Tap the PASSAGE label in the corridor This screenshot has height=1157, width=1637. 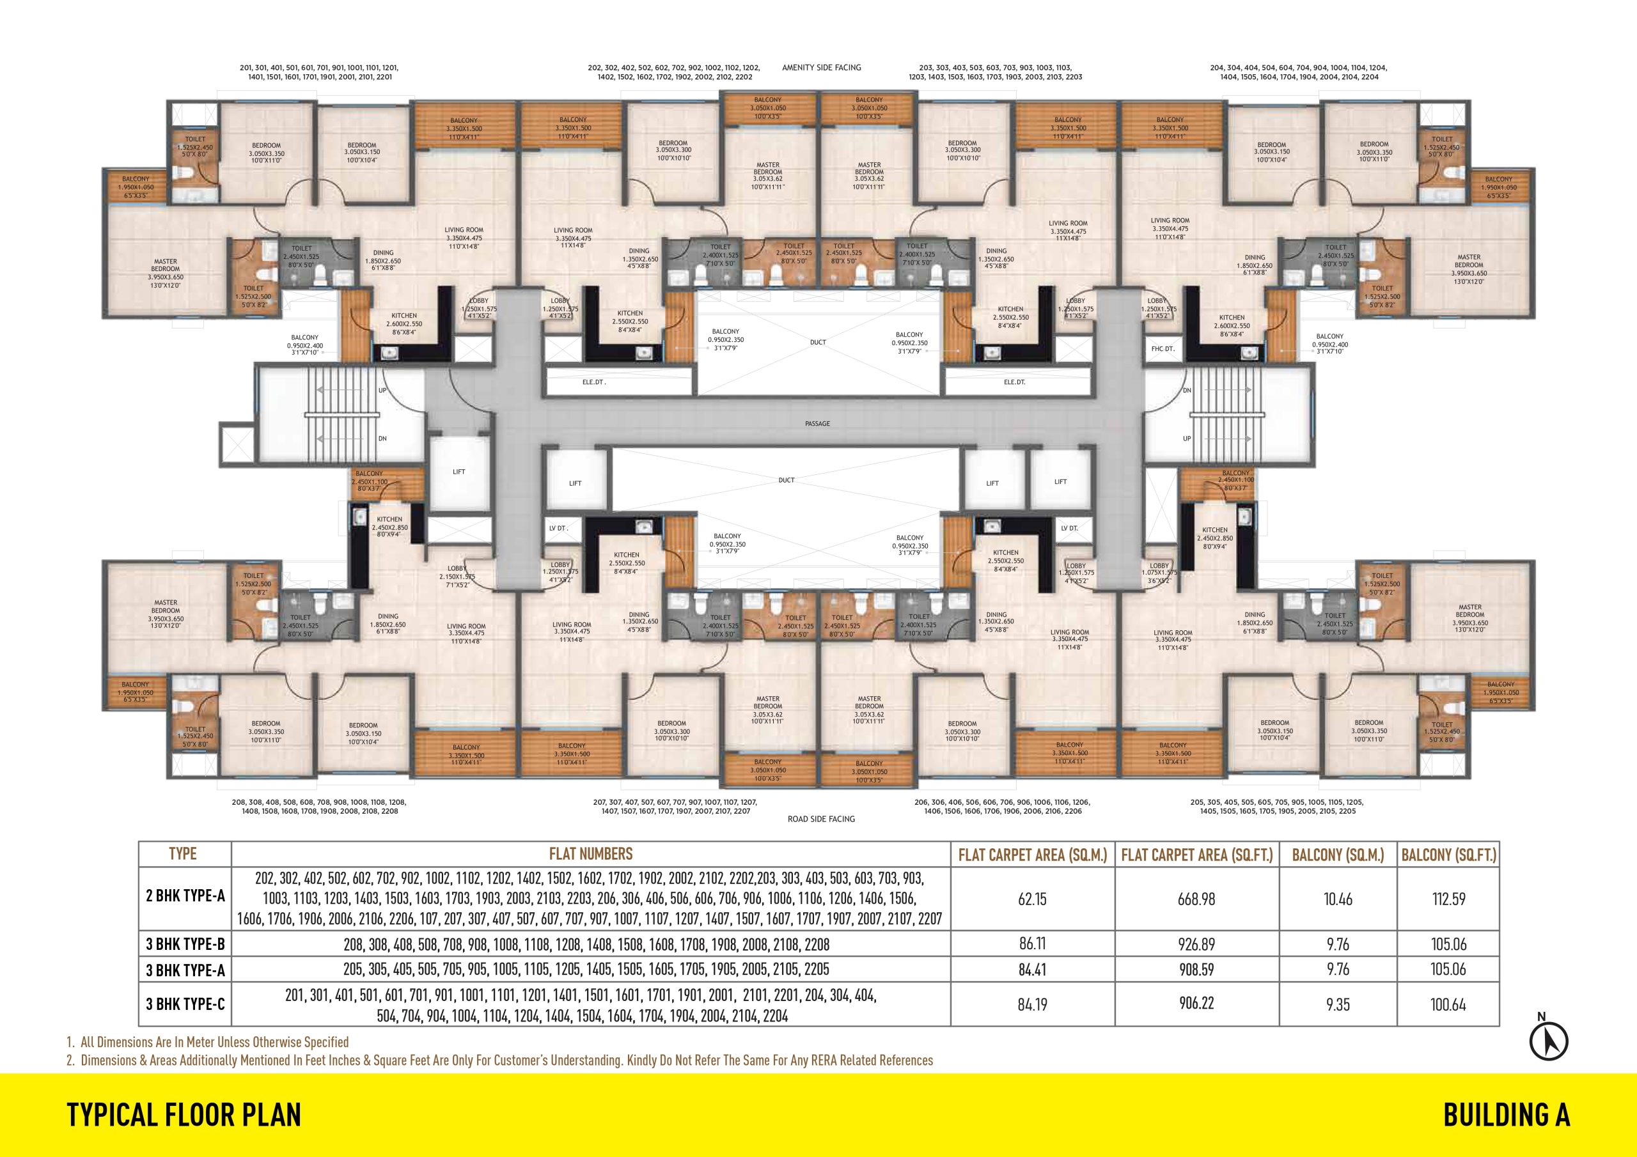[817, 423]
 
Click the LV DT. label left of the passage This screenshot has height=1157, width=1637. [558, 528]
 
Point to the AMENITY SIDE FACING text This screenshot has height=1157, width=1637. [821, 68]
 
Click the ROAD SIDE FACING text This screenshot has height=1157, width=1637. [820, 819]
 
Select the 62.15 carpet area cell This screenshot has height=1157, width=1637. [1031, 899]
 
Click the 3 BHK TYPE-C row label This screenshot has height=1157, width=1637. [185, 1004]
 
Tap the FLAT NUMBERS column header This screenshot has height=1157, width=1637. [590, 854]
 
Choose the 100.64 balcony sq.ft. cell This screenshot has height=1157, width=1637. [1448, 1005]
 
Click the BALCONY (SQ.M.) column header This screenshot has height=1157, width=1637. [1338, 855]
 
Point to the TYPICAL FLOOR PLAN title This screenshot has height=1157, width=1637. [184, 1114]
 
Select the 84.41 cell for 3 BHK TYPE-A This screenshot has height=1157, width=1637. [1031, 970]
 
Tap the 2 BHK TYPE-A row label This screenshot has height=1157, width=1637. [185, 896]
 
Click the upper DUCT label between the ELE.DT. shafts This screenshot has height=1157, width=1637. [818, 342]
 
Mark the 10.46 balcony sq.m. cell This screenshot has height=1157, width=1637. [1338, 899]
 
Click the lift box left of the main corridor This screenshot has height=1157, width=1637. [459, 472]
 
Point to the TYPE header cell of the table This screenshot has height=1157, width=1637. [182, 854]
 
